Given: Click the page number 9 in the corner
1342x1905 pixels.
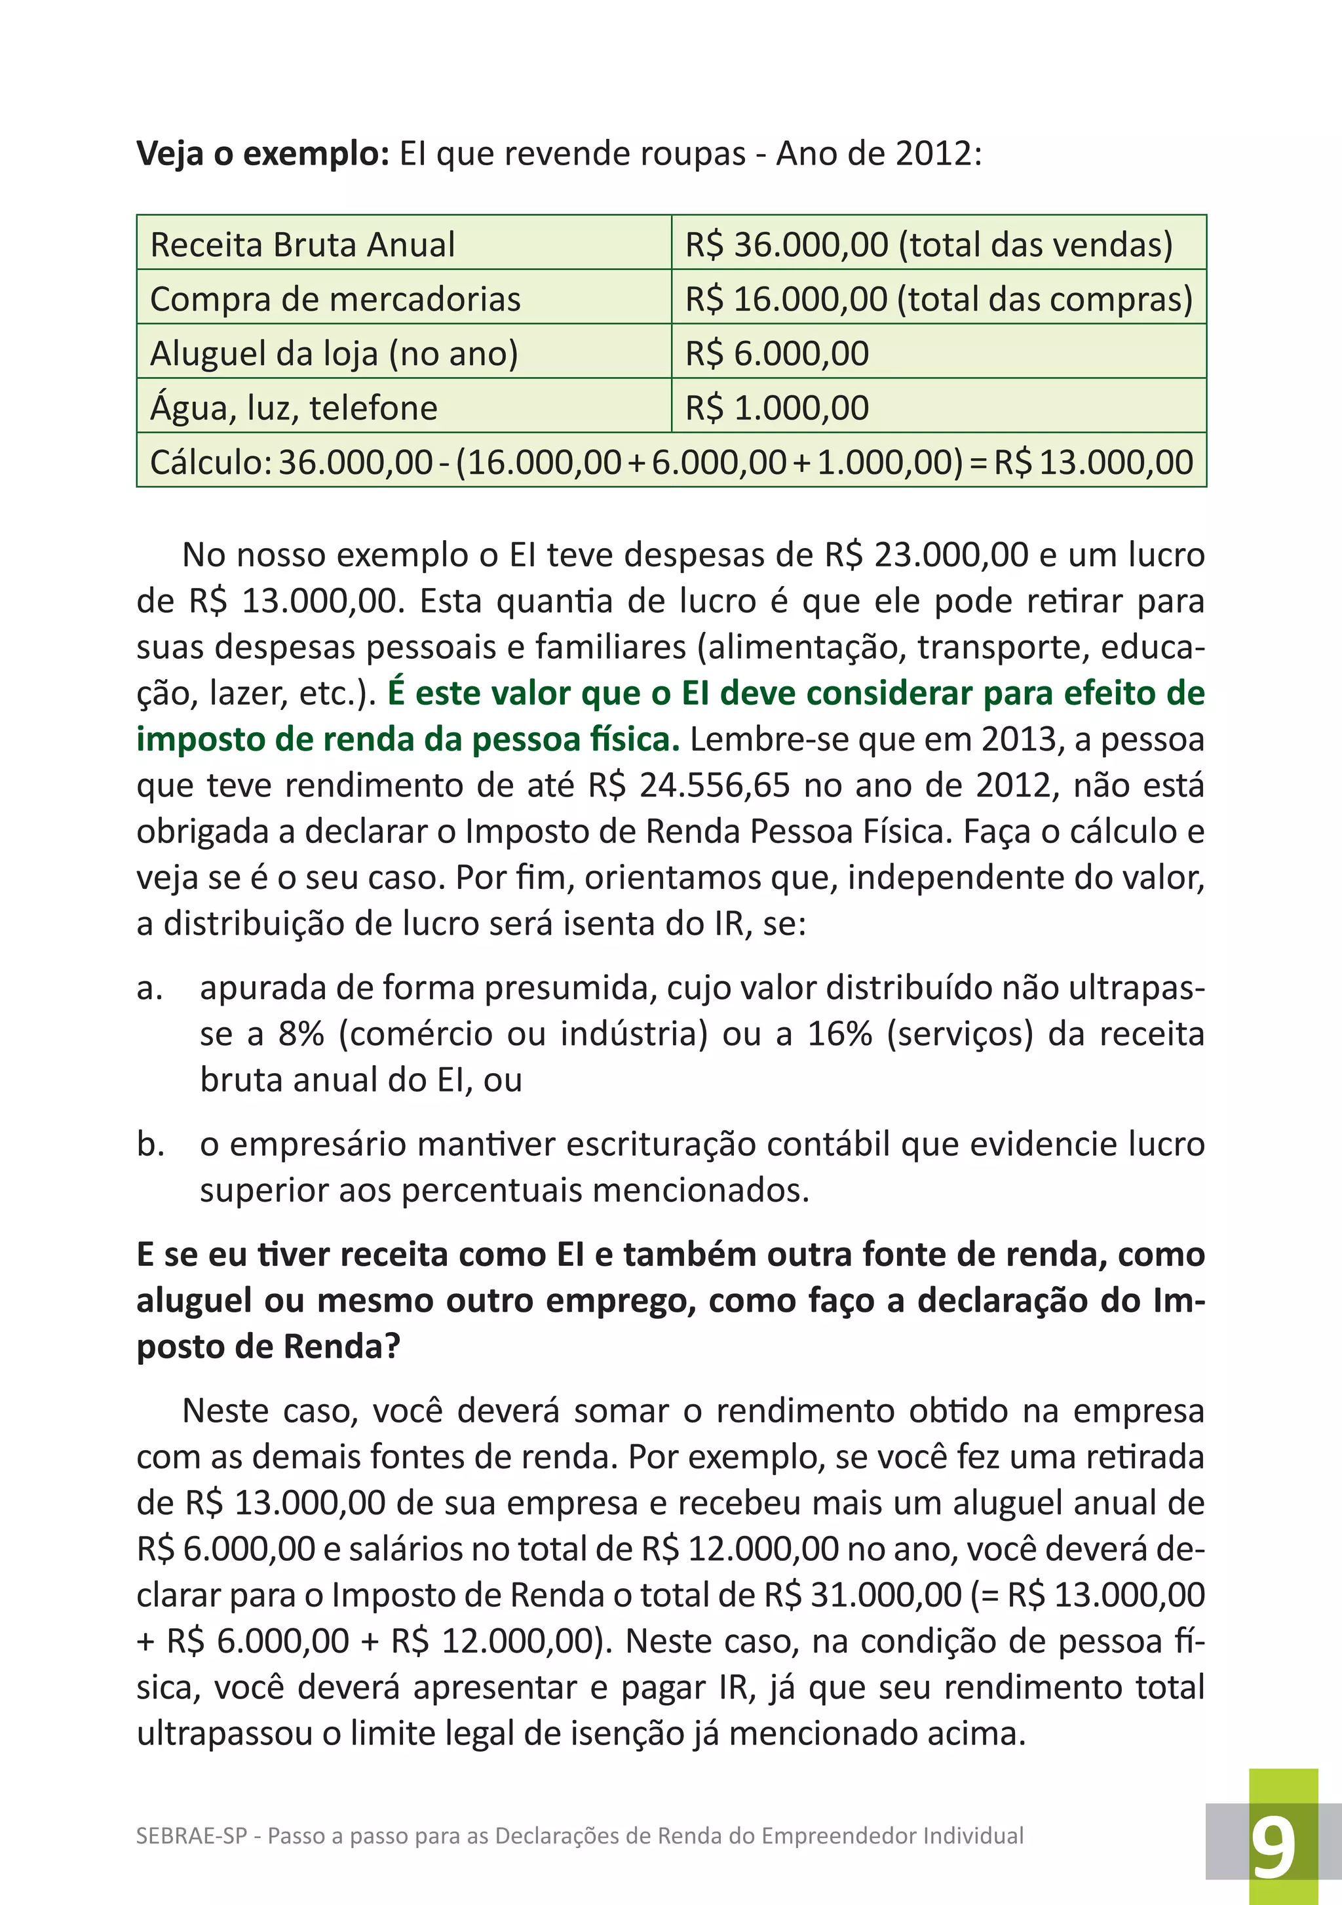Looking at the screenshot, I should [1273, 1849].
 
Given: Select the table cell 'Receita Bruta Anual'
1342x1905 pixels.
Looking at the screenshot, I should [303, 245].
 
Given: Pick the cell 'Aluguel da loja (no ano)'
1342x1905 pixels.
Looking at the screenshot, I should [334, 354].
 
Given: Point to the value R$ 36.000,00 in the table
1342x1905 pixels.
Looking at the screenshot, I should [786, 245].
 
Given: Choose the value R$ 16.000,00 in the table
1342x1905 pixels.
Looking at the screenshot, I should [786, 300].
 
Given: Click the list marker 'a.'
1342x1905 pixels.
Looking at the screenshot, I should [149, 988].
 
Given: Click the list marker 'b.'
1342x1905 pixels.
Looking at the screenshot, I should [150, 1145].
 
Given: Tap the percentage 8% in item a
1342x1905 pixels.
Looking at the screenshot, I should [300, 1034].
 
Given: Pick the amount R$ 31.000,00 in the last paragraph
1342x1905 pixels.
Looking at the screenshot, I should [862, 1595].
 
